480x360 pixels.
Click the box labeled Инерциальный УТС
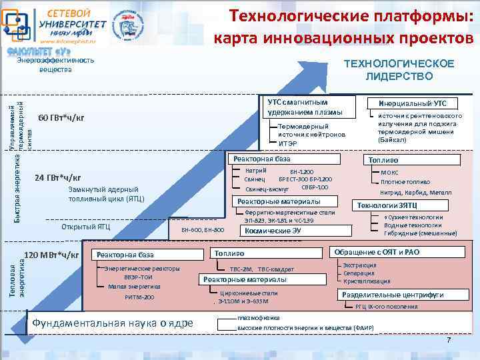tap(413, 103)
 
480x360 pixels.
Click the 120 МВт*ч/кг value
tap(51, 255)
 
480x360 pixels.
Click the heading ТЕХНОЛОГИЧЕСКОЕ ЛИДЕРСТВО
tap(399, 70)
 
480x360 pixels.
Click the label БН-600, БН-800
tap(203, 230)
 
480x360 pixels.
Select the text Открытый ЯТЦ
tap(85, 227)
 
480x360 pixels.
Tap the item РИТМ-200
tap(139, 297)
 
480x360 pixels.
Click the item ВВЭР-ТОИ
tap(139, 277)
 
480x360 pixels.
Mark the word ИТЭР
tap(288, 143)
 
